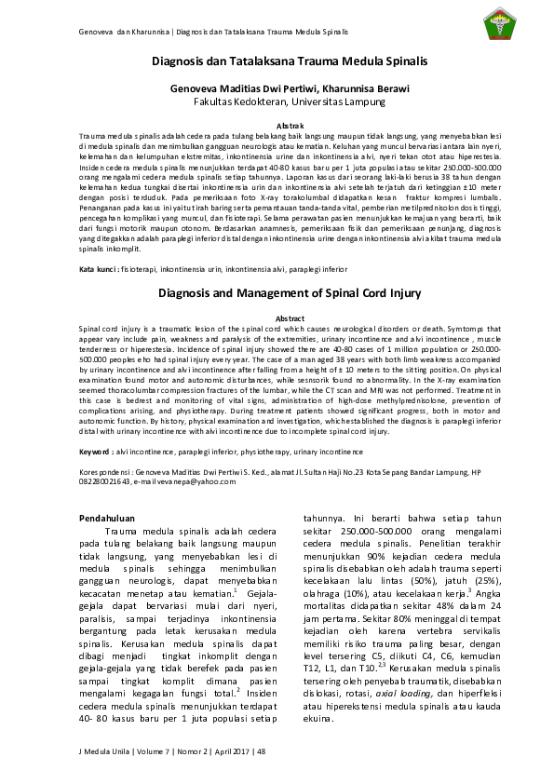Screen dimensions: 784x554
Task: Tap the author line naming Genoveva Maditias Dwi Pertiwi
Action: (x=277, y=87)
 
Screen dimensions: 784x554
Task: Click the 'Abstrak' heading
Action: (x=277, y=125)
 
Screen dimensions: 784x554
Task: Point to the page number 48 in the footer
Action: (x=261, y=750)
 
